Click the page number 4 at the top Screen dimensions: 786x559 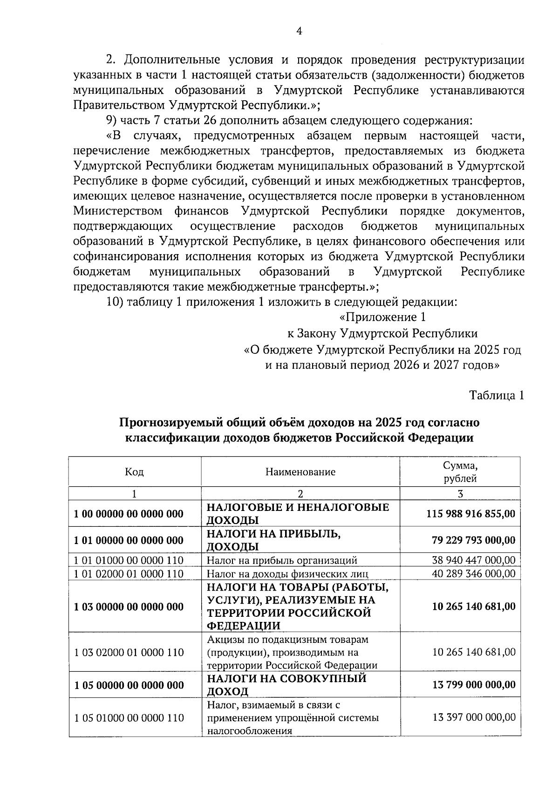pos(300,31)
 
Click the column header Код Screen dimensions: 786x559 pos(135,472)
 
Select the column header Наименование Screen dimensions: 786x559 pos(300,472)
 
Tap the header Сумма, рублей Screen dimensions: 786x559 pos(460,472)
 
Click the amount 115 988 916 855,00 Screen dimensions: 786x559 pos(470,514)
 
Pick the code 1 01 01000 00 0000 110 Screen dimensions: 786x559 pos(129,560)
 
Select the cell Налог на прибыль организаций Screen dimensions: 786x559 pos(282,560)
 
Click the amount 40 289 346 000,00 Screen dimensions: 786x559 pos(473,573)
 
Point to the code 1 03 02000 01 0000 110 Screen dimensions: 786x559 pos(129,652)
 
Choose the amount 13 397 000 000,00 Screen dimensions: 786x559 pos(474,717)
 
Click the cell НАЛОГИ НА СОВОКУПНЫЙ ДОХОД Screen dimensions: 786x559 pos(286,685)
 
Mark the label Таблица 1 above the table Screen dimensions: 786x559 pos(497,395)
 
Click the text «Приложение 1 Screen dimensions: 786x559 pos(382,317)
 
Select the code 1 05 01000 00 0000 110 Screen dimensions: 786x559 pos(129,717)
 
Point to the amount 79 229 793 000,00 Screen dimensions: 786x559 pos(473,540)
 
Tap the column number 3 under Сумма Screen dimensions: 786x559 pos(460,494)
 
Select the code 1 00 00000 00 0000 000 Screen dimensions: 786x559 pos(129,514)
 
